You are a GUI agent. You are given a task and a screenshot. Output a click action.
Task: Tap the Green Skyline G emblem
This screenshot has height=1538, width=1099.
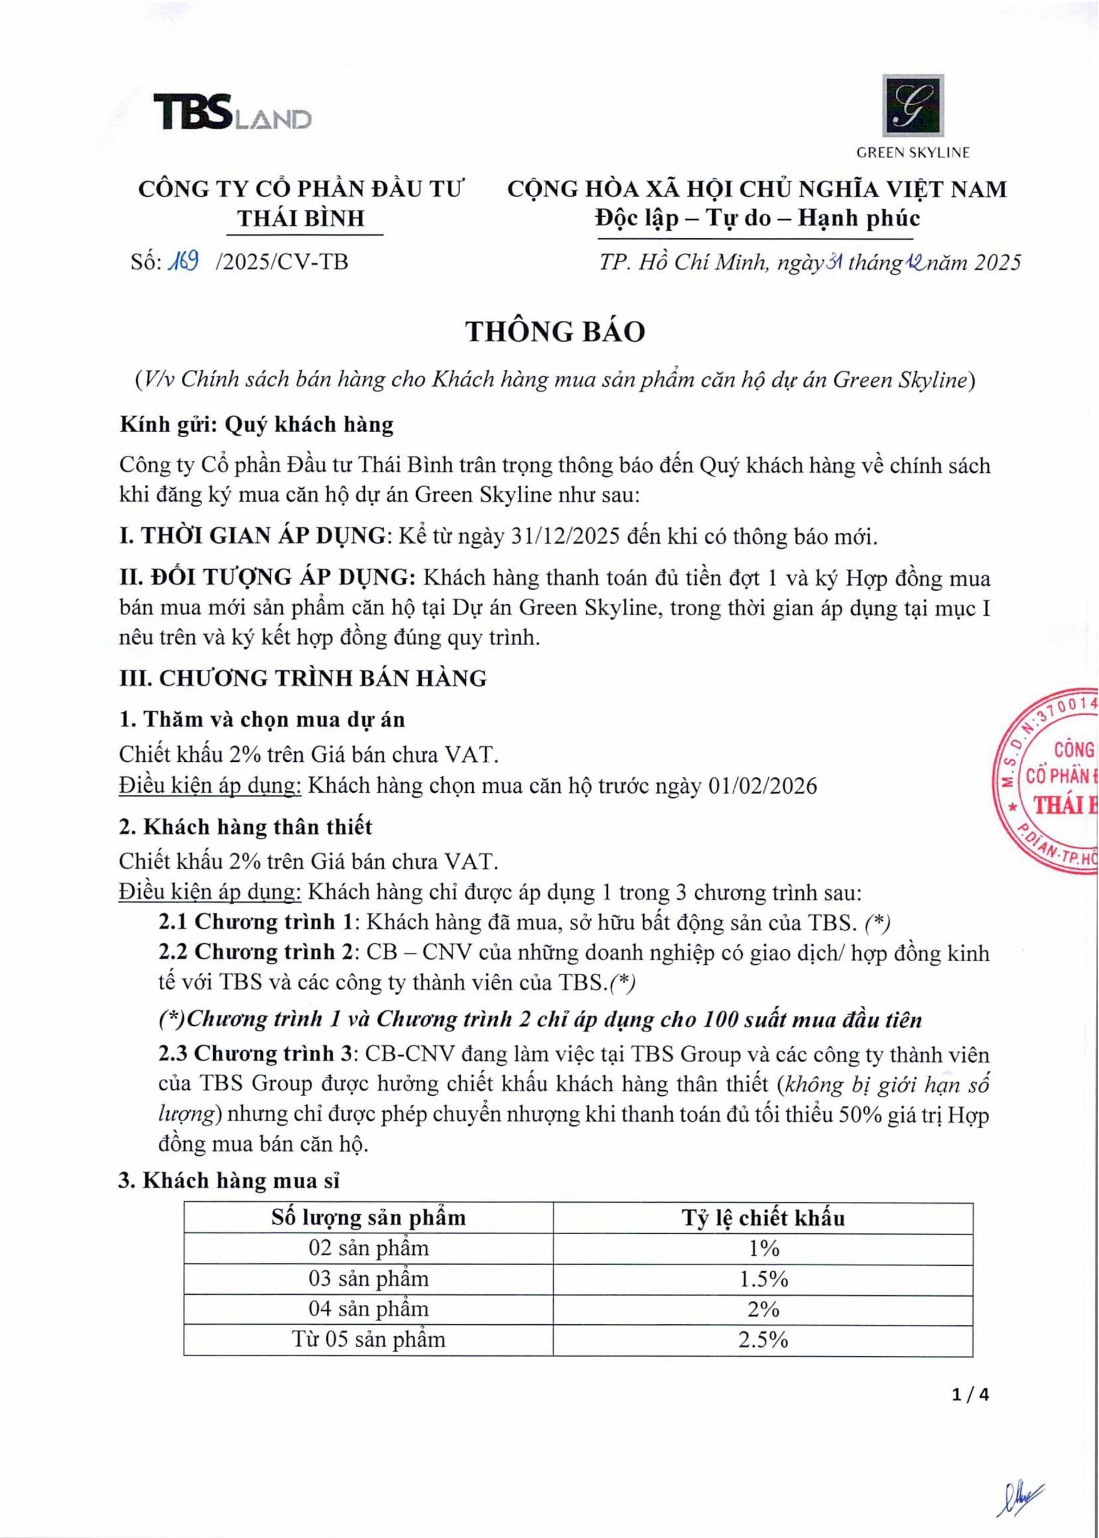tap(912, 106)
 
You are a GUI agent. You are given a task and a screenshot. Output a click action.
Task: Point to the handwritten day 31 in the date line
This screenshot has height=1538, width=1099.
tap(830, 261)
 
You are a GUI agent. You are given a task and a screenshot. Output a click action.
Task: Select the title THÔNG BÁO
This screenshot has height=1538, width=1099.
tap(555, 332)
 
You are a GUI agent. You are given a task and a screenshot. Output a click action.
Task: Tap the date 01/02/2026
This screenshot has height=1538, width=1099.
tap(762, 786)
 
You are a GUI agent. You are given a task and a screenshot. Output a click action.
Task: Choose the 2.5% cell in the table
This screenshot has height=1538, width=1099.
tap(763, 1340)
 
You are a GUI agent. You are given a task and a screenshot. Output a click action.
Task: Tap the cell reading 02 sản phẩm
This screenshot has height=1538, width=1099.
tap(368, 1248)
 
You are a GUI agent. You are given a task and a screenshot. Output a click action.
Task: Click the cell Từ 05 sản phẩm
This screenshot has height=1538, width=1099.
tap(368, 1340)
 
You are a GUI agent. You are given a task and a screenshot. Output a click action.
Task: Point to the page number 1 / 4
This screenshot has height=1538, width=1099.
tap(970, 1395)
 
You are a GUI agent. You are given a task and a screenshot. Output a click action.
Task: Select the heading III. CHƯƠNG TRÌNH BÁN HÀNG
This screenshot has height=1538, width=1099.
tap(303, 678)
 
